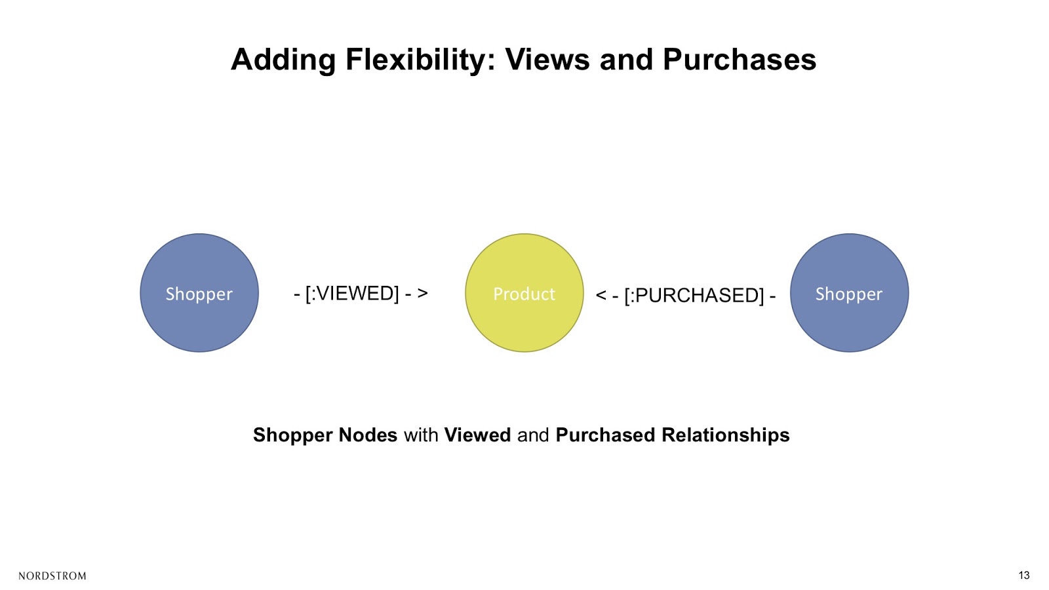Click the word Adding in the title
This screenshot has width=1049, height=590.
283,60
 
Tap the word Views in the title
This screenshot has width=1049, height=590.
547,60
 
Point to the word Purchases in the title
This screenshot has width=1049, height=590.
740,60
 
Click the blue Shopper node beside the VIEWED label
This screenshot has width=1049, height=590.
199,292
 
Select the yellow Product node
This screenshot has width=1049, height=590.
524,292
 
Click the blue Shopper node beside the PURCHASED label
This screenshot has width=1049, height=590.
849,292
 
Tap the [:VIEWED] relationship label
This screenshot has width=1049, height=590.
352,293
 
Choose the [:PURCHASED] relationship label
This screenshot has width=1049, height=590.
694,295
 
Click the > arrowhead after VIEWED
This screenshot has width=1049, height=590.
422,293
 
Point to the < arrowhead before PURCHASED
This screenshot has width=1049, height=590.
601,295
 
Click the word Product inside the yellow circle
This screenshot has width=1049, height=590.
524,294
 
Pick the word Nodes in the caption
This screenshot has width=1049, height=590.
368,435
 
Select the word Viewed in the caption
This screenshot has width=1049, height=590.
477,435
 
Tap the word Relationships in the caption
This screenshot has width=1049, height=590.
725,435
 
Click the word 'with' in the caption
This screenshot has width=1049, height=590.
421,435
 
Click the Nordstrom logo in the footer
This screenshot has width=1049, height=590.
52,576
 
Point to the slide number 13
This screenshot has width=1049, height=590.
1023,576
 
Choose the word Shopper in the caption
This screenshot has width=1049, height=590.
292,435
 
